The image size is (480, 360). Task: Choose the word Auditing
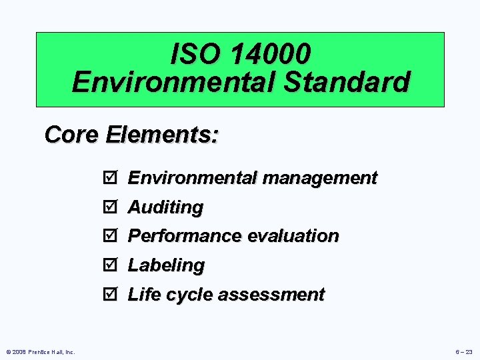tap(165, 207)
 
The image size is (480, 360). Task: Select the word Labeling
tap(166, 265)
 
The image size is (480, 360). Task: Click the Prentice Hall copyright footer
tap(41, 351)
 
